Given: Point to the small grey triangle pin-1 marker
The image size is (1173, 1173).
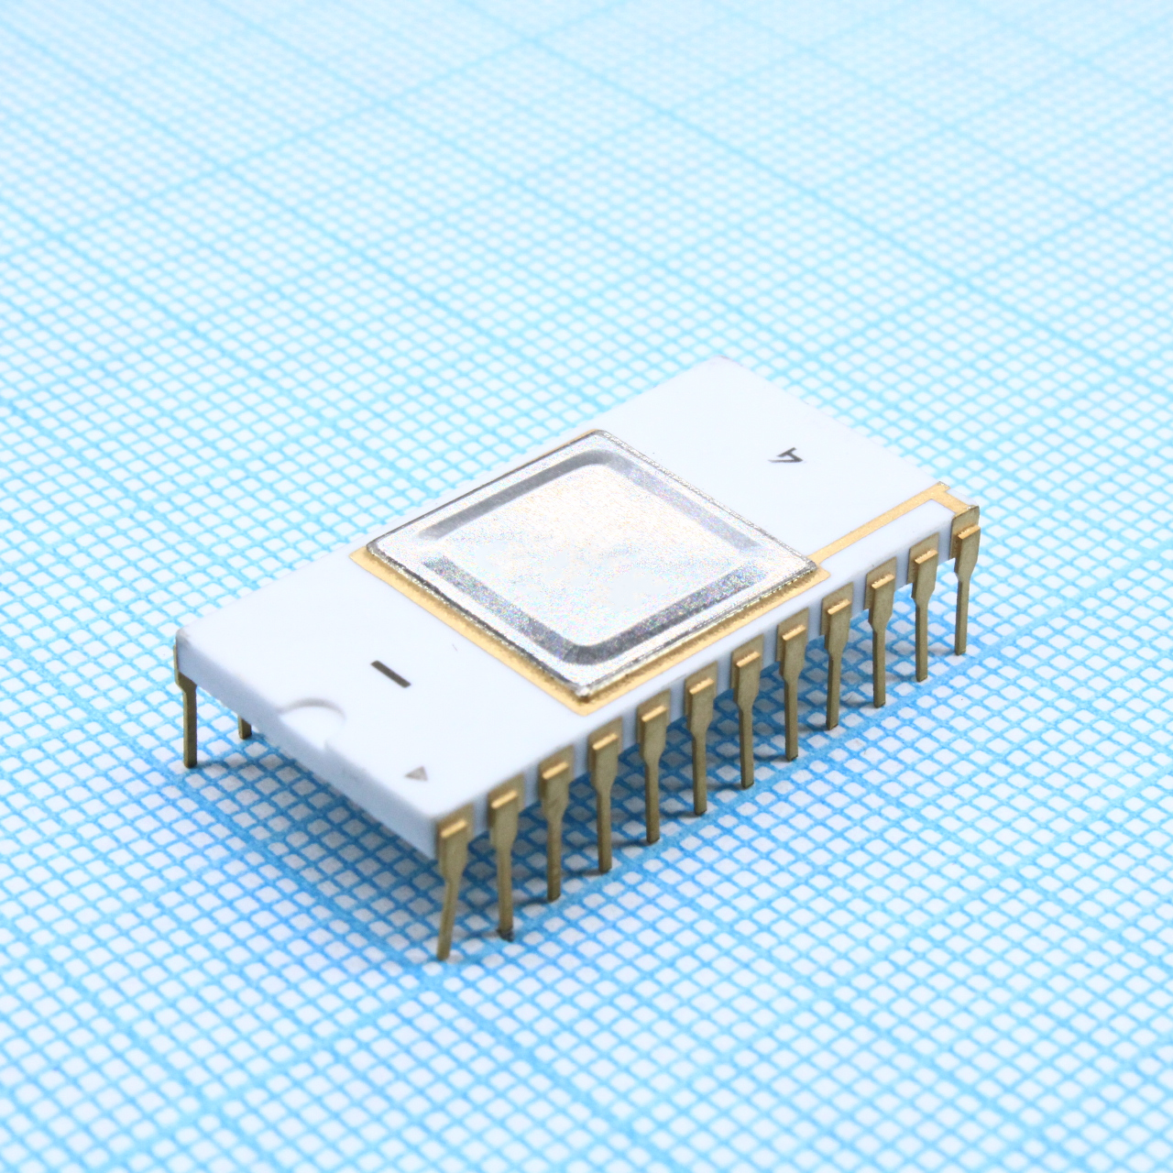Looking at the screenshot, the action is [418, 775].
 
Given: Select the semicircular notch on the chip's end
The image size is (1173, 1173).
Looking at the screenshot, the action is [312, 718].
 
